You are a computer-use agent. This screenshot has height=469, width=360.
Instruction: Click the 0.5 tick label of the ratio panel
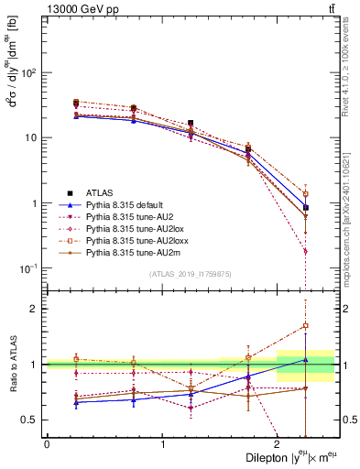[x=28, y=420]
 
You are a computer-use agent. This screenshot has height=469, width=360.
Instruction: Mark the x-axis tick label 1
[x=163, y=442]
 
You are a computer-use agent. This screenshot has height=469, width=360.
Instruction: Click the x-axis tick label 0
[x=46, y=442]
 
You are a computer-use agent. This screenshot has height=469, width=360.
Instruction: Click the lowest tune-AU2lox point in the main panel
[x=305, y=251]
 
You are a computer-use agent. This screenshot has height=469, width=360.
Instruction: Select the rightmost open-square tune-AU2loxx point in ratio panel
[x=305, y=325]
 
